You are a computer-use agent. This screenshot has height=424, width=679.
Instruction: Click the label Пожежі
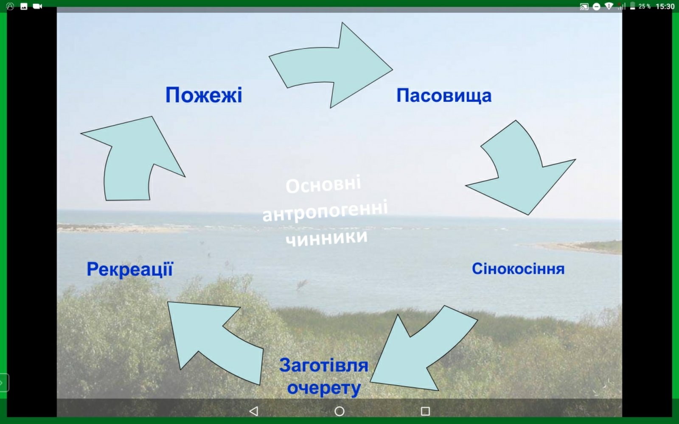(204, 95)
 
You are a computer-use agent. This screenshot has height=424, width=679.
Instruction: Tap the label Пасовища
(444, 96)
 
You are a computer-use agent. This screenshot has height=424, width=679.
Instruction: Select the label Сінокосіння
(518, 269)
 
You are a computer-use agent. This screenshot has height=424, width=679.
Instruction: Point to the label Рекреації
(130, 269)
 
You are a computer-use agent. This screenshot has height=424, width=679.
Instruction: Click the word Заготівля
(324, 365)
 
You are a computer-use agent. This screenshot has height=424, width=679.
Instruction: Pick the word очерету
(324, 388)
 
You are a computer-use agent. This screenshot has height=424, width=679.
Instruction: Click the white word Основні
(323, 184)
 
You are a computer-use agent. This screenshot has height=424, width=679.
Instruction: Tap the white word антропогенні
(325, 211)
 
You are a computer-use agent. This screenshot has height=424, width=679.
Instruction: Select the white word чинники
(327, 238)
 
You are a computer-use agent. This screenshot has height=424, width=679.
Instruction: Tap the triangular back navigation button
(254, 411)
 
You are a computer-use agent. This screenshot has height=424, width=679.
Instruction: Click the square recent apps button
(425, 411)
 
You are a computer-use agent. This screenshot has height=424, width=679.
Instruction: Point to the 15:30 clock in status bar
(665, 6)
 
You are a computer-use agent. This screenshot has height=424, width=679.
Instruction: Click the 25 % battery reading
(645, 6)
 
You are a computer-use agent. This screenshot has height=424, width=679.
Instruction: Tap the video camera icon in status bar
(37, 6)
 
